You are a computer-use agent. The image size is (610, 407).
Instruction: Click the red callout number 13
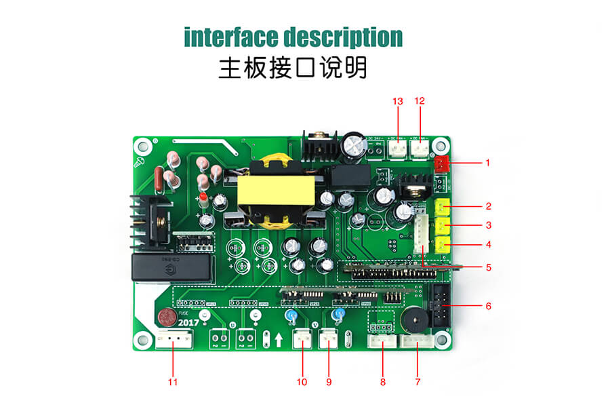tap(398, 101)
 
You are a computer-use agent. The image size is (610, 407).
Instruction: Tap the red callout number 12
tap(420, 101)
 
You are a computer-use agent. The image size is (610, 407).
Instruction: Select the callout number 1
tap(487, 163)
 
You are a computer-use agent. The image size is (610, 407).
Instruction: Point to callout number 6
tap(488, 306)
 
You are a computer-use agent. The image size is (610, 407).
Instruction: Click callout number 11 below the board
tap(173, 382)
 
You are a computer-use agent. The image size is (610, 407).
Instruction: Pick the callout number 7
tap(418, 382)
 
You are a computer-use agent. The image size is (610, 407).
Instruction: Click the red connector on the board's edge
tap(442, 163)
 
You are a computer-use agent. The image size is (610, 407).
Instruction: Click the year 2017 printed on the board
tap(188, 322)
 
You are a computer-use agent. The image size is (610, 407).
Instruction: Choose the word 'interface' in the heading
tap(230, 37)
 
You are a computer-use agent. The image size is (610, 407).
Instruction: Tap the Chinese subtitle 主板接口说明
tap(293, 68)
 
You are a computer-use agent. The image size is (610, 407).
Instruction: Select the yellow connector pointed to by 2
tap(444, 207)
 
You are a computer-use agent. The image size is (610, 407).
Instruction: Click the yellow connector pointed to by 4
tap(444, 245)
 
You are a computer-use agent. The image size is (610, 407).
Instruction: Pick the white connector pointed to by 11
tap(173, 341)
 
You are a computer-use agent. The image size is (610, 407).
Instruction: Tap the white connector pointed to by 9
tap(328, 336)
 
